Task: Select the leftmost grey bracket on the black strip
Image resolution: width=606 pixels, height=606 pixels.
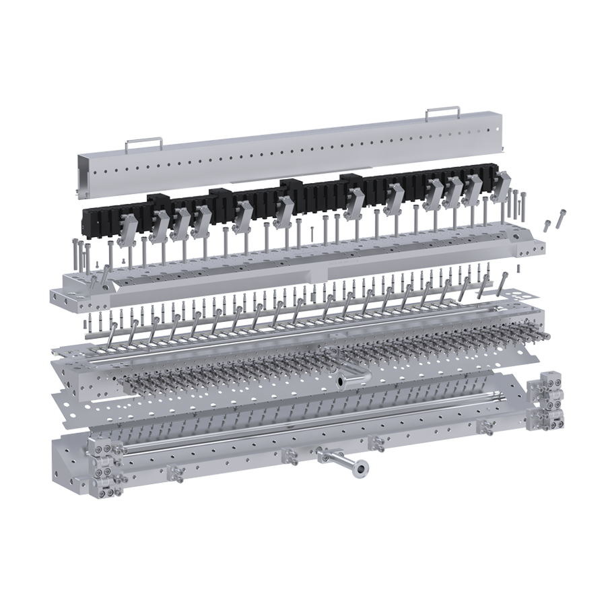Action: coord(128,229)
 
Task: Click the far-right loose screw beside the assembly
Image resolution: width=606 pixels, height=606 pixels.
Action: coord(561,218)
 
